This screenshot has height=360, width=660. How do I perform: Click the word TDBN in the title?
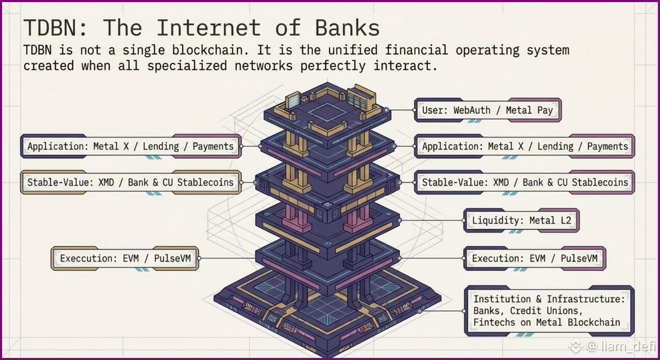[51, 27]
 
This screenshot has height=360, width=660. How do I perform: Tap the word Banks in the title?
[348, 27]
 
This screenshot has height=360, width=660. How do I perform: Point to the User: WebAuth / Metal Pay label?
[488, 110]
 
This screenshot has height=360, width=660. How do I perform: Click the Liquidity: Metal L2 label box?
[521, 220]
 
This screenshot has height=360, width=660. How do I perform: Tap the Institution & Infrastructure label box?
[549, 311]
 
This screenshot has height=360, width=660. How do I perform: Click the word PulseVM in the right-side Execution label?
[579, 258]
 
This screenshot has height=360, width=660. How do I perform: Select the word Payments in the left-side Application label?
[213, 146]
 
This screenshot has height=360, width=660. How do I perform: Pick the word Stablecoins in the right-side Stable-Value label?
[600, 182]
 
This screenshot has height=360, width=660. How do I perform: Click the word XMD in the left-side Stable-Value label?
[106, 182]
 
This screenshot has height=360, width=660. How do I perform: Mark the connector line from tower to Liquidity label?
[432, 220]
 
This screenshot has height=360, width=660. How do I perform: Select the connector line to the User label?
[400, 110]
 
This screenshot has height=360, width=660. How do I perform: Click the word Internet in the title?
[208, 27]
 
